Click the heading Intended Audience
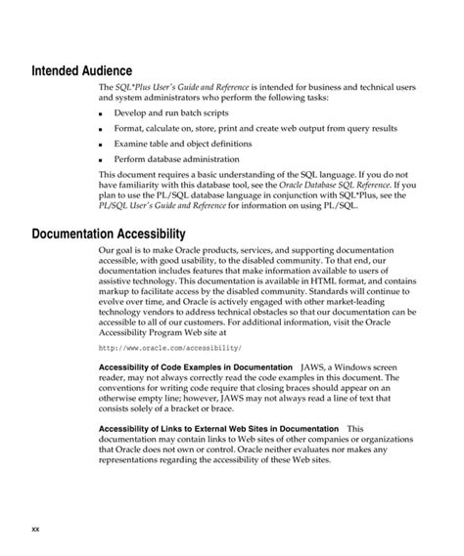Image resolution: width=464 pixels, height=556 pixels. point(89,71)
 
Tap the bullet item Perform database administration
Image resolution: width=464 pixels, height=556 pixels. point(176,158)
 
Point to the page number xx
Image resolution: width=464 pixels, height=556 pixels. point(35,529)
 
